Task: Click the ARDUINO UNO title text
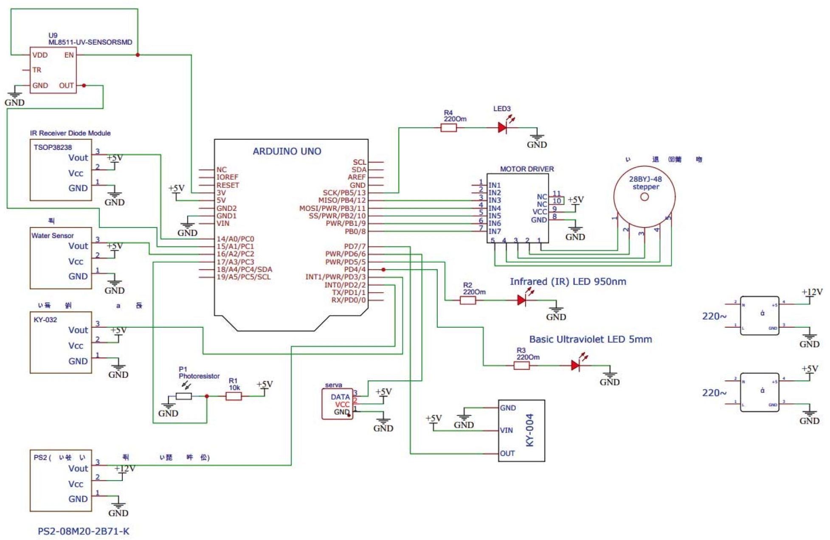click(x=287, y=151)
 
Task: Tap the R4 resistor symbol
click(x=448, y=127)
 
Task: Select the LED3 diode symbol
click(x=503, y=127)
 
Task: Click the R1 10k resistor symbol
click(x=234, y=396)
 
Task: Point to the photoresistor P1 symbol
click(x=183, y=396)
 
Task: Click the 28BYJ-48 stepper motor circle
click(x=644, y=197)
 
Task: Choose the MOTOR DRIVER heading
click(x=526, y=169)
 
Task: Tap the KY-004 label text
click(x=530, y=430)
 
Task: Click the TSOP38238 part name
click(x=53, y=147)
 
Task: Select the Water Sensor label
click(x=52, y=236)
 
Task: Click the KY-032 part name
click(x=45, y=320)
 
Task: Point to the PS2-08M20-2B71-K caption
click(x=83, y=531)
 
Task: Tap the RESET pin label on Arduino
click(x=228, y=185)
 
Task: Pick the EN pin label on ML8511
click(x=69, y=55)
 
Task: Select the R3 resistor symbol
click(x=521, y=365)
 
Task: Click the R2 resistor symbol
click(x=468, y=300)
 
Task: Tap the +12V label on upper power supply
click(x=812, y=292)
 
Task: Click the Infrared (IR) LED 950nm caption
click(x=568, y=281)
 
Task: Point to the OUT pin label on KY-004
click(x=507, y=453)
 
